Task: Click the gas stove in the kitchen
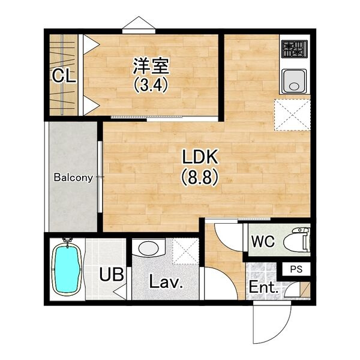click(295, 49)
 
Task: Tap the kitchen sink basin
click(294, 81)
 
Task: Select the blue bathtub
click(67, 269)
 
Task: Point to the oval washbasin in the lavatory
click(149, 248)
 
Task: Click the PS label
click(296, 269)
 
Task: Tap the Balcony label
click(73, 178)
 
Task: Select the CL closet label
click(64, 76)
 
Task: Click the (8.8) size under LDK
click(200, 178)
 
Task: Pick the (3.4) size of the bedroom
click(151, 85)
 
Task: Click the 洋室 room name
click(151, 65)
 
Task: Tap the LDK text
click(200, 157)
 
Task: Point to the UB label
click(112, 274)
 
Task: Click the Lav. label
click(166, 281)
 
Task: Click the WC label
click(263, 241)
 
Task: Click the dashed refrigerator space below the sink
click(292, 115)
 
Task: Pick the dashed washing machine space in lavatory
click(185, 251)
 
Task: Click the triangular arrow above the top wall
click(139, 23)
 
